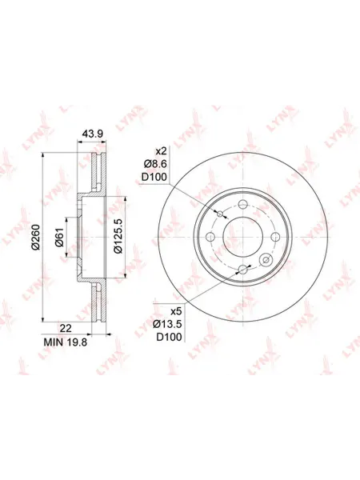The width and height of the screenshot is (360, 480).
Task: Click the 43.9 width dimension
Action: pos(93,134)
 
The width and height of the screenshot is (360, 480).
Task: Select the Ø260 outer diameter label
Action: pos(37,237)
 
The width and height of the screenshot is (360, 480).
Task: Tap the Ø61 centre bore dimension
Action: pos(59,238)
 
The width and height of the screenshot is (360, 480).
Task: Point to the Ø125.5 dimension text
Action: pos(118,236)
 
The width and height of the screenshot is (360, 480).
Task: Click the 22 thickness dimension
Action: pos(66,328)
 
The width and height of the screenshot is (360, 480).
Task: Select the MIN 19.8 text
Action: pos(66,342)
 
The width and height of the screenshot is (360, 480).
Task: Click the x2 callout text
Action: pos(161,151)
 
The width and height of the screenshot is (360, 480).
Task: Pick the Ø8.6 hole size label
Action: pos(155,164)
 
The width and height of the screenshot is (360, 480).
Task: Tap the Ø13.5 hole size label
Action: pos(167,323)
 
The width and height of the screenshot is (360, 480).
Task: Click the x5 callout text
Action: pos(176,311)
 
